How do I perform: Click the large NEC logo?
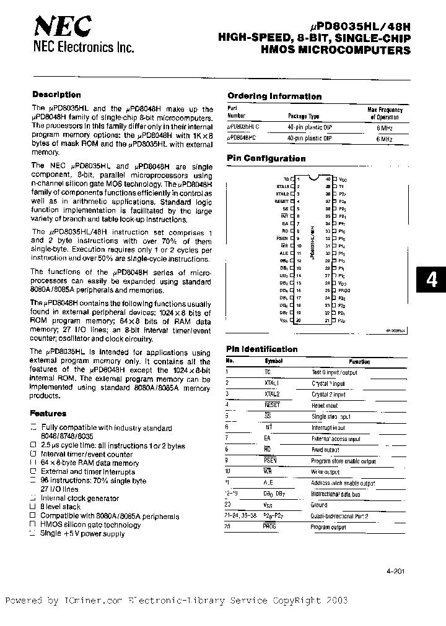pos(63,27)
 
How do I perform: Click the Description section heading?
pos(56,95)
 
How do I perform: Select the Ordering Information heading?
pos(274,96)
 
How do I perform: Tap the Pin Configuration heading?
pos(266,158)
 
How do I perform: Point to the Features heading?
pos(48,413)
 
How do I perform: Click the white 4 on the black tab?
pos(432,280)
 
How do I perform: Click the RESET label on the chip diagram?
pos(281,201)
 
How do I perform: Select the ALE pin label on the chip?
pos(284,252)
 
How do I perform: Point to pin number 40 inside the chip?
pos(327,178)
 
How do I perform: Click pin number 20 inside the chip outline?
pos(298,320)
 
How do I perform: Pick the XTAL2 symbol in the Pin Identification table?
pos(273,393)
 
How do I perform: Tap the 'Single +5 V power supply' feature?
pos(82,534)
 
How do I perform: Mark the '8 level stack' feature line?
pos(60,507)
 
